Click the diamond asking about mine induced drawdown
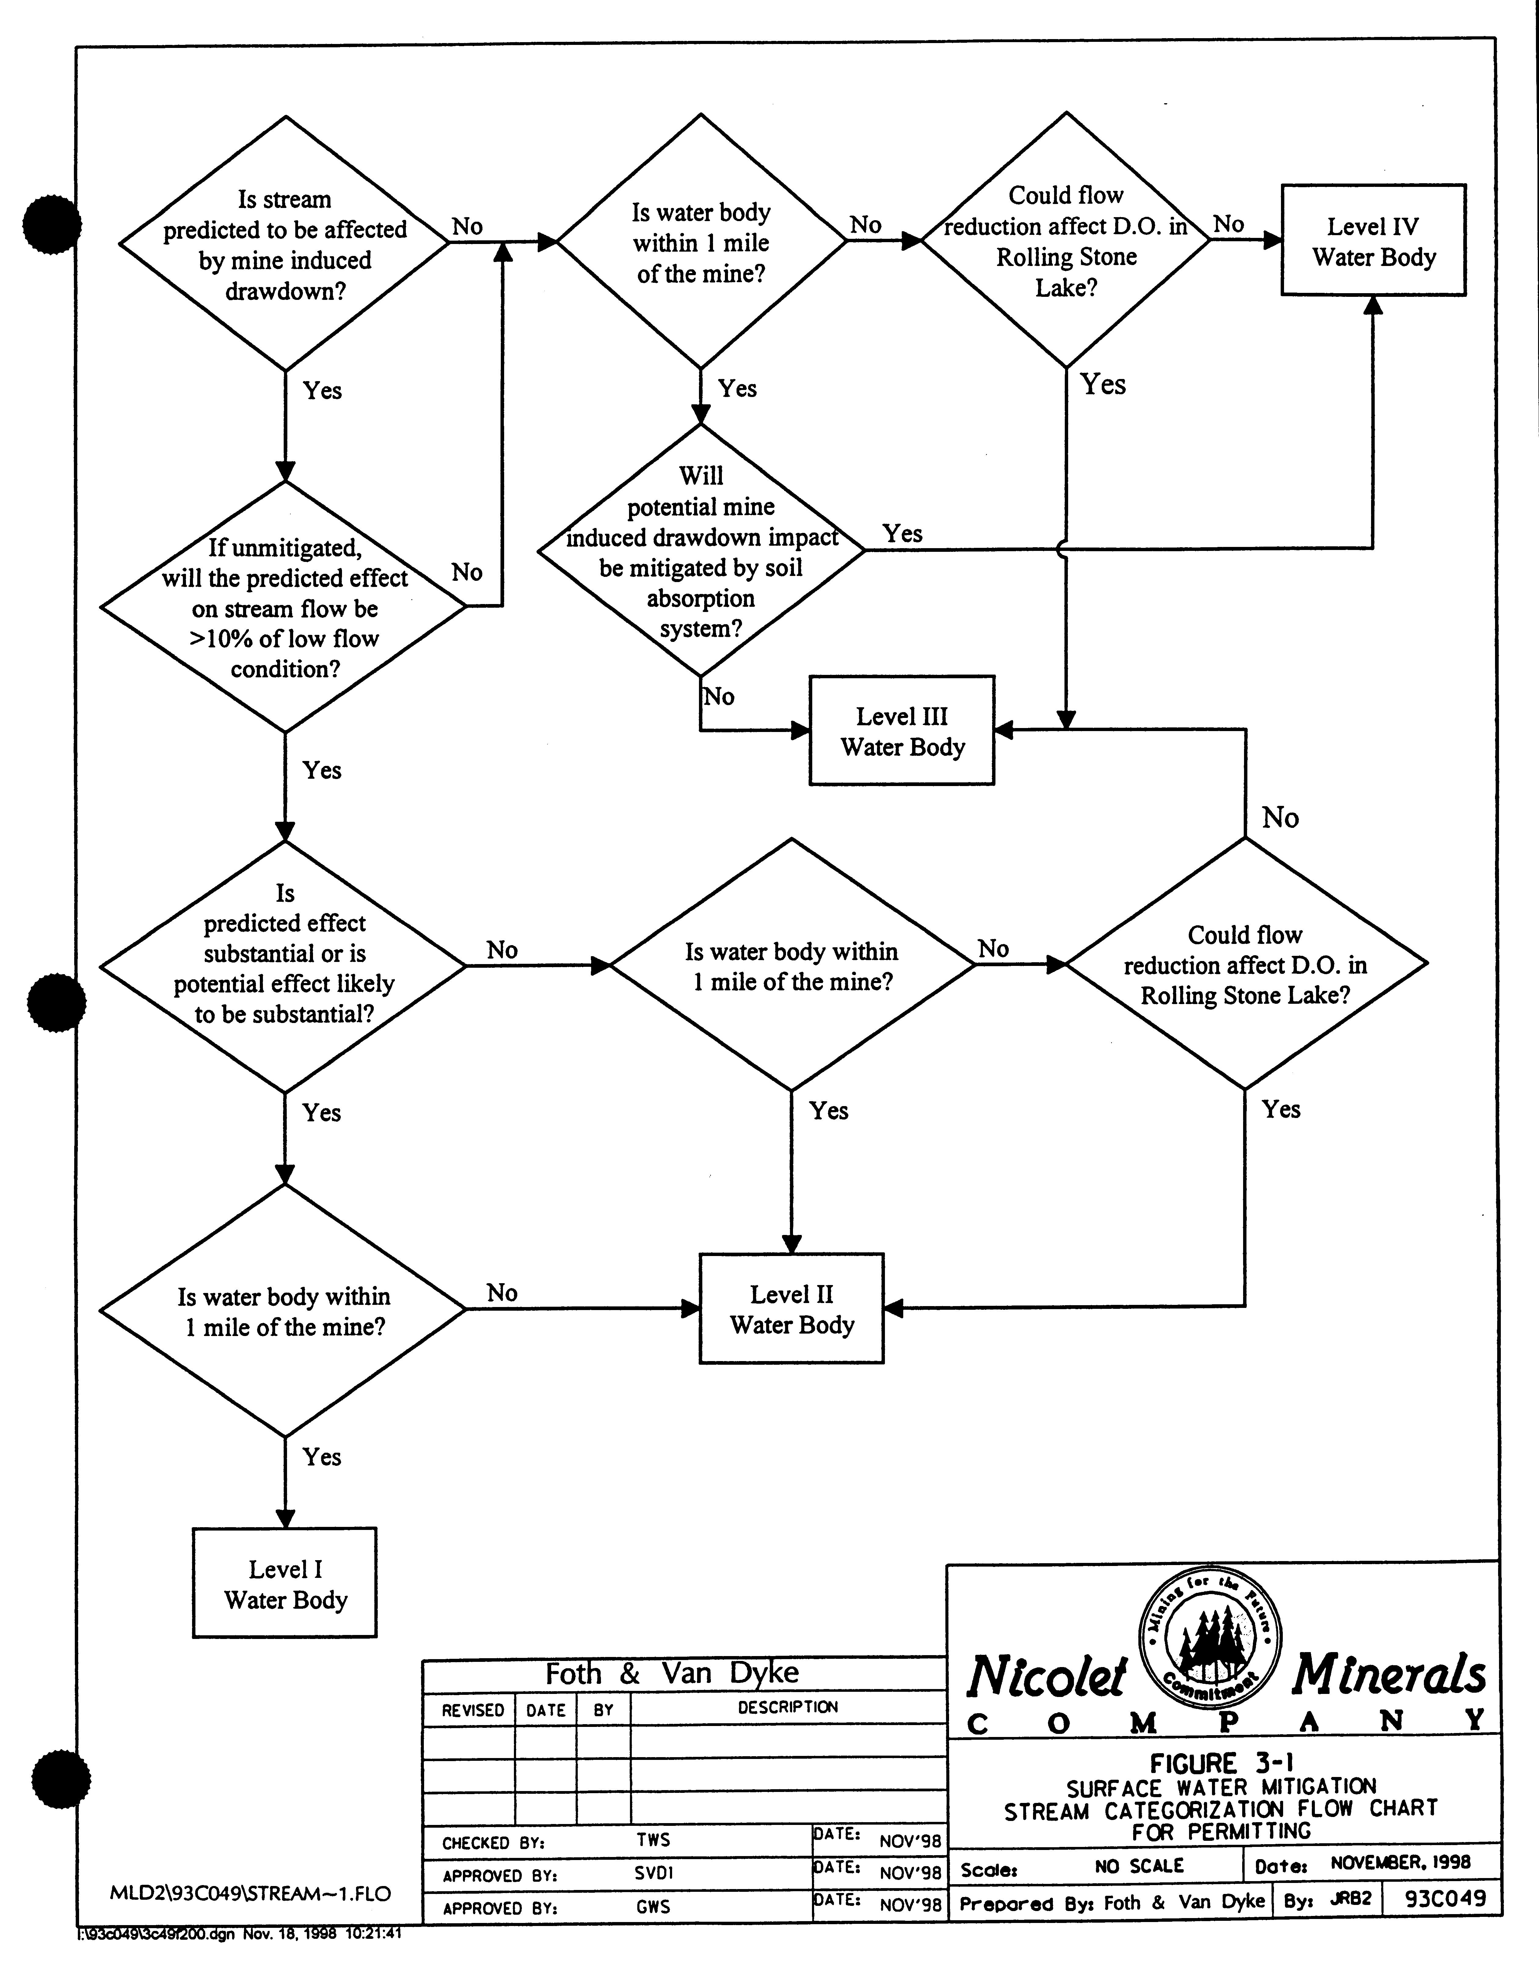[x=285, y=244]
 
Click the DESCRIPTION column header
[x=787, y=1708]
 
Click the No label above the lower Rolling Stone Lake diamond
[x=1280, y=818]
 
